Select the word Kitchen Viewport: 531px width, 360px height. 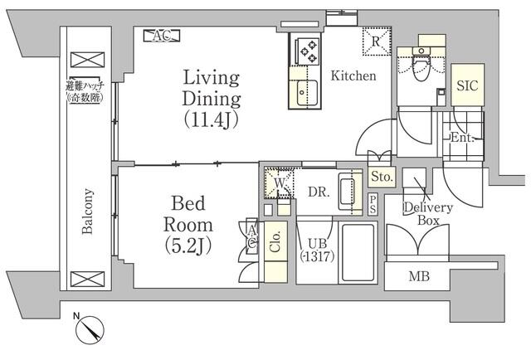coord(353,76)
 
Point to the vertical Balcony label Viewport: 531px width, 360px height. coord(87,211)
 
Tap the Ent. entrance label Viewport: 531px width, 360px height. coord(461,139)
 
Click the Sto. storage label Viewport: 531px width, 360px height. coord(381,176)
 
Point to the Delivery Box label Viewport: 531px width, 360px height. coord(428,214)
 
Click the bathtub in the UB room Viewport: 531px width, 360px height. coord(359,253)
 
